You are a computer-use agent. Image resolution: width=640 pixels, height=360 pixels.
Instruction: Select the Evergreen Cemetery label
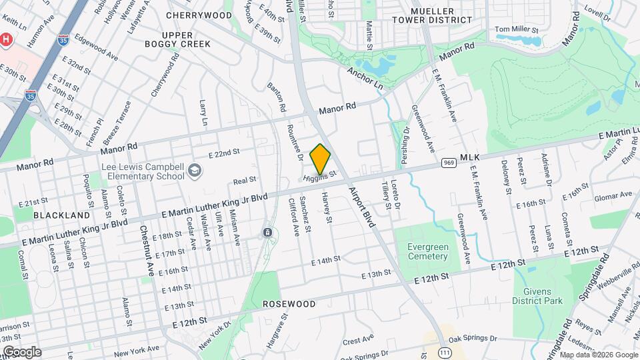click(x=427, y=251)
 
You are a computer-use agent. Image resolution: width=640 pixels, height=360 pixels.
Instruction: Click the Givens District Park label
click(x=537, y=296)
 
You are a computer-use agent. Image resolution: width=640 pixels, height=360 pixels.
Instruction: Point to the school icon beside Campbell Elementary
click(x=193, y=171)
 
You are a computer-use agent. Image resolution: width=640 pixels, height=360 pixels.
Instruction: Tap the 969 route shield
click(x=447, y=162)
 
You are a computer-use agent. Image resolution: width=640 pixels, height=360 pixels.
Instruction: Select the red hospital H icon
click(x=6, y=40)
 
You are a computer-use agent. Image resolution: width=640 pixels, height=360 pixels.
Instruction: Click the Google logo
click(x=21, y=352)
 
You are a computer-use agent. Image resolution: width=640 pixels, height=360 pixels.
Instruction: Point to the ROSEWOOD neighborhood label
click(x=289, y=304)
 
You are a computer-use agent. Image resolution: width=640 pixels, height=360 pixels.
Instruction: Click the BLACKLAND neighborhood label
click(x=61, y=215)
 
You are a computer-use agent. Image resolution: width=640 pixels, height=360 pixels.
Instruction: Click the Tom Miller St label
click(x=515, y=29)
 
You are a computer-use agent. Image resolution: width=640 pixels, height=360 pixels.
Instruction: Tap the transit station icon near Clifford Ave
click(x=267, y=233)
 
